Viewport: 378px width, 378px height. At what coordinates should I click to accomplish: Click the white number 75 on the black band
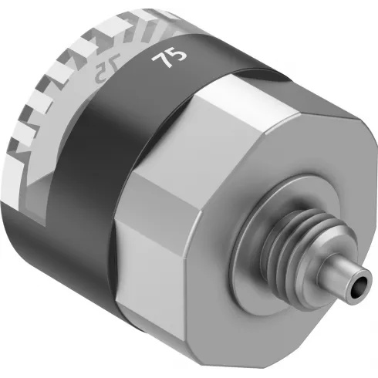coord(164,59)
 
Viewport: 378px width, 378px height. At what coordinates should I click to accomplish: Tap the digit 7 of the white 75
coord(160,62)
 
